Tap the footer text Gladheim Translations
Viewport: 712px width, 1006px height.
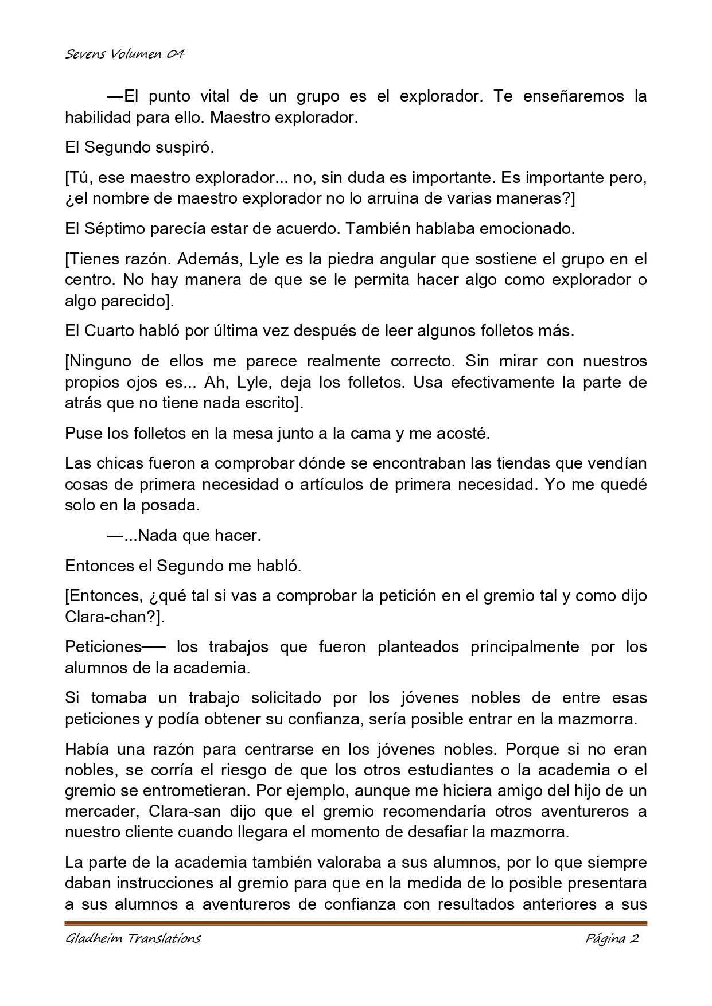coord(133,939)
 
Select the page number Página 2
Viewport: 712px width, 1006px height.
coord(612,939)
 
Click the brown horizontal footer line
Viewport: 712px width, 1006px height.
coord(356,923)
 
